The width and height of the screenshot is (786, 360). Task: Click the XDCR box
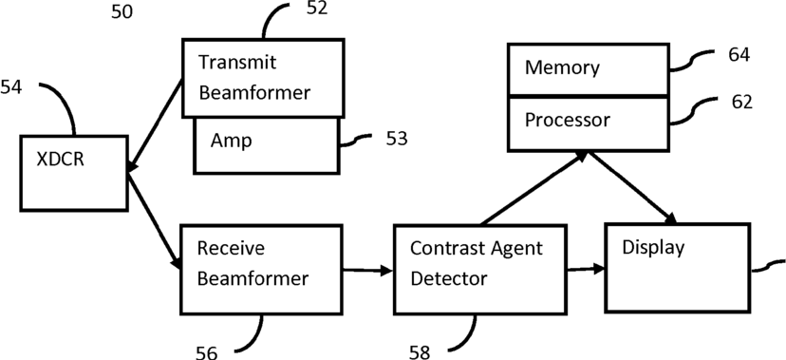pyautogui.click(x=74, y=173)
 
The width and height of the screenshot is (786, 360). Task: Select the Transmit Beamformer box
pyautogui.click(x=263, y=78)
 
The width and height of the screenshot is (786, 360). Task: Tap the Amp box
pyautogui.click(x=267, y=145)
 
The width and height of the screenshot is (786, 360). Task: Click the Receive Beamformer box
pyautogui.click(x=261, y=270)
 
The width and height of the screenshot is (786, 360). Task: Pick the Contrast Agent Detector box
pyautogui.click(x=480, y=270)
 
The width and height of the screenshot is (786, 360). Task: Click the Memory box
pyautogui.click(x=589, y=69)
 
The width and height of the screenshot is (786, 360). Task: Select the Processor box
pyautogui.click(x=589, y=123)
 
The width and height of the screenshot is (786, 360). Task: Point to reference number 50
pyautogui.click(x=122, y=11)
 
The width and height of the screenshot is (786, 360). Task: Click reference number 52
pyautogui.click(x=316, y=8)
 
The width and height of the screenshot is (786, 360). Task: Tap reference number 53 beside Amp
pyautogui.click(x=397, y=139)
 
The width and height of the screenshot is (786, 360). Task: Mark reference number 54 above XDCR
pyautogui.click(x=11, y=87)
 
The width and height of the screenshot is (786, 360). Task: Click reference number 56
pyautogui.click(x=206, y=352)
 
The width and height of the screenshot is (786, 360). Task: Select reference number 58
pyautogui.click(x=420, y=352)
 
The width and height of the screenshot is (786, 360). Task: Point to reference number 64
pyautogui.click(x=739, y=55)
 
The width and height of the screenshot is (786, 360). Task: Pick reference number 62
pyautogui.click(x=742, y=102)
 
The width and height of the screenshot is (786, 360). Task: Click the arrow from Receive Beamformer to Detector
pyautogui.click(x=368, y=271)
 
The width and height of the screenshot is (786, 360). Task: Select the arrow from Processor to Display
pyautogui.click(x=633, y=187)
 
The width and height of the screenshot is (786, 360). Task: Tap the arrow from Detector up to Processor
pyautogui.click(x=534, y=187)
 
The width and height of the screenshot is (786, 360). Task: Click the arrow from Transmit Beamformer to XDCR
pyautogui.click(x=155, y=127)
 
